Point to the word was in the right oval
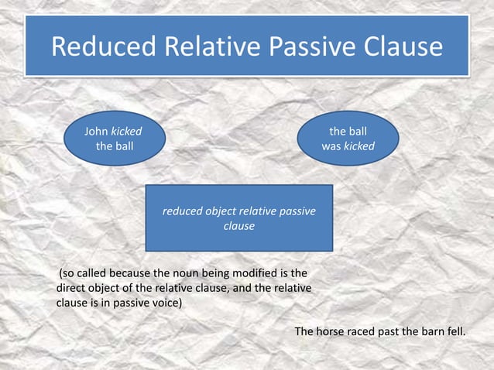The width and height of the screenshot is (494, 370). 331,146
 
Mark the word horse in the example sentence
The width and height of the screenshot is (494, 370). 331,331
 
